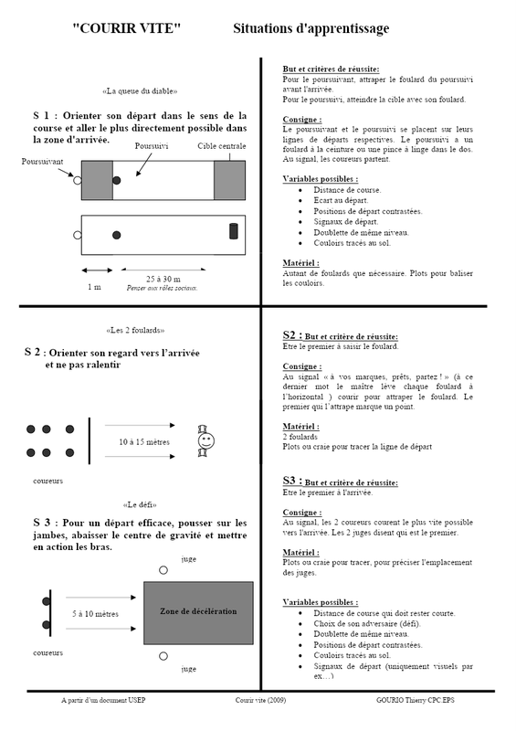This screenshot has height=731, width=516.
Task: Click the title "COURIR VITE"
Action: click(126, 28)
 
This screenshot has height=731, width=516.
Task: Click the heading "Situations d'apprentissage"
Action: click(311, 29)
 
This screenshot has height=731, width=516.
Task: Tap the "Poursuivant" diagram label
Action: click(42, 162)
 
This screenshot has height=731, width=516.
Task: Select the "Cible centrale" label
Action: click(221, 146)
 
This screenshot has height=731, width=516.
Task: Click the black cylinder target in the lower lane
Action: click(234, 231)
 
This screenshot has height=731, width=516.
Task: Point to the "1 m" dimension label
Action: click(94, 287)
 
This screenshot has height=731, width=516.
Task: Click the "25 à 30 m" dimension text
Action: click(163, 279)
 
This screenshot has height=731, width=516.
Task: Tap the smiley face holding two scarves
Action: click(205, 440)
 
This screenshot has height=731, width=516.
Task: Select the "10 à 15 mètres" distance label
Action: click(144, 441)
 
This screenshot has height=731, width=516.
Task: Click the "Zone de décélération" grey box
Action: click(198, 612)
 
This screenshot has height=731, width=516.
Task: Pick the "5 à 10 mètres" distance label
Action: click(95, 613)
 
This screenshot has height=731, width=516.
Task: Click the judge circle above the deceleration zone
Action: click(163, 569)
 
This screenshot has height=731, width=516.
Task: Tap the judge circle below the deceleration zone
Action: click(163, 656)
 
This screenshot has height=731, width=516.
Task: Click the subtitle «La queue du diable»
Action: click(140, 90)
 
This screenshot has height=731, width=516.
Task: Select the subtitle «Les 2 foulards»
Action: click(135, 330)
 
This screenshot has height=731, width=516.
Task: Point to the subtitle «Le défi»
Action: click(140, 504)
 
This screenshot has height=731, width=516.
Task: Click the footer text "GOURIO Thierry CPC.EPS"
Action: click(416, 700)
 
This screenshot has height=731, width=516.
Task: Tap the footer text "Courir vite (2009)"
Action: click(260, 700)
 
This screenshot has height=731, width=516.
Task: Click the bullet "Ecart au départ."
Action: click(341, 200)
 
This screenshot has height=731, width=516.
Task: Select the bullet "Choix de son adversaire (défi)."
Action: click(367, 623)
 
